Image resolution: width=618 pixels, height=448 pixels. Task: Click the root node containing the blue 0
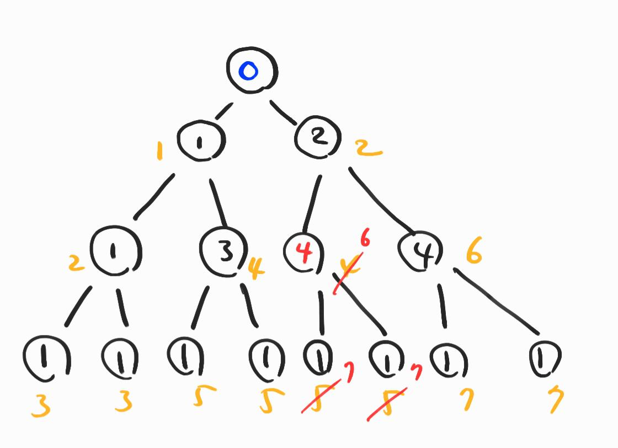coord(252,71)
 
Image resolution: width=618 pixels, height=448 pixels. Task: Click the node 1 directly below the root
coord(201,141)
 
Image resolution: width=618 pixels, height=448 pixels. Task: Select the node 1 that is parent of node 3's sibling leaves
coord(116,252)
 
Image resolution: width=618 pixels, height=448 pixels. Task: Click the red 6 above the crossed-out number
coord(365,240)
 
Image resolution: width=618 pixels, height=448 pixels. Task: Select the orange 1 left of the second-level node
coord(160,150)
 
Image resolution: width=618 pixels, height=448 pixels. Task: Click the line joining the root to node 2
coord(282,112)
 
